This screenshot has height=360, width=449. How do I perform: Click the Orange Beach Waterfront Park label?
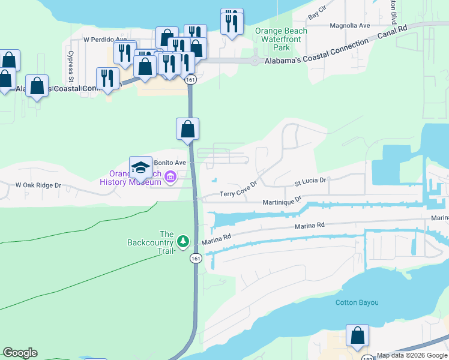[281, 39]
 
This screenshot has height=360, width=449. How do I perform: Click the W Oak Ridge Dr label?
[38, 185]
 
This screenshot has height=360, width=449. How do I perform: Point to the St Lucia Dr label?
[309, 181]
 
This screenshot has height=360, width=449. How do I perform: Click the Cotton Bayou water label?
[357, 302]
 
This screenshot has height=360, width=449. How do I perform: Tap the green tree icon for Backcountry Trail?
[183, 242]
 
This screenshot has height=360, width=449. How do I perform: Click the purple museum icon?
[170, 177]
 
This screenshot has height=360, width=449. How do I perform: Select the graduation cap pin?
[140, 168]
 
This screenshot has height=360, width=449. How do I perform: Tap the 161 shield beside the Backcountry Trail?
[196, 258]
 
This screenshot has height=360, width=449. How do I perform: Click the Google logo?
[20, 353]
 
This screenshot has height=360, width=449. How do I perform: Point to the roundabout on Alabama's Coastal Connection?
[255, 60]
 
